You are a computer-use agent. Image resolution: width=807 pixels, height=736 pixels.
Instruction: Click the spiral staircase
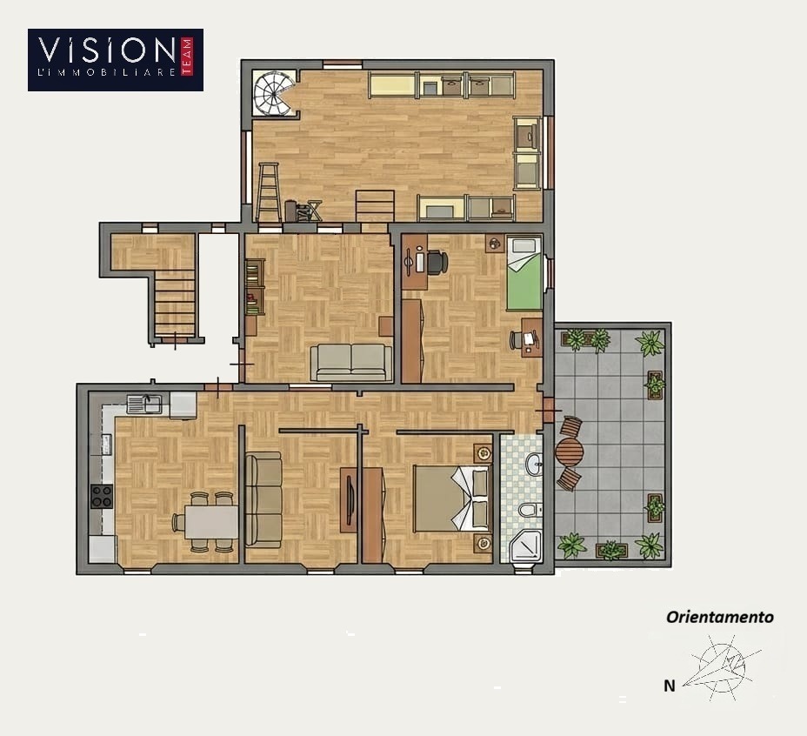pyautogui.click(x=274, y=94)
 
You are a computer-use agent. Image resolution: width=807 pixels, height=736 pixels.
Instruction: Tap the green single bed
pyautogui.click(x=524, y=272)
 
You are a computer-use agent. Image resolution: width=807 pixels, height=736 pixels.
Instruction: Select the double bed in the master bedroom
pyautogui.click(x=453, y=498)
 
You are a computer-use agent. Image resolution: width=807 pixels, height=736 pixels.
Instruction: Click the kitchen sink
pyautogui.click(x=144, y=404)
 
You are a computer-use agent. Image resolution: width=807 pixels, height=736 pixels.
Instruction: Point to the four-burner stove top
pyautogui.click(x=102, y=496)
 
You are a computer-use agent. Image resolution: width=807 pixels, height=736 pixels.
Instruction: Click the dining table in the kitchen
pyautogui.click(x=211, y=522)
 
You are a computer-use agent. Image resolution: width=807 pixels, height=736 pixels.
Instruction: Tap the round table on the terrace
pyautogui.click(x=570, y=452)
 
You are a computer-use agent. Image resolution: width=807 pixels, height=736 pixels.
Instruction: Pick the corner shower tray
pyautogui.click(x=526, y=546)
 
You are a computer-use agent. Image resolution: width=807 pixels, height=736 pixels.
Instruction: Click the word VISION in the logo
pyautogui.click(x=107, y=50)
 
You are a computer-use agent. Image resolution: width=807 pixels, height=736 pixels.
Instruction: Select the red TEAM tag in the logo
pyautogui.click(x=187, y=57)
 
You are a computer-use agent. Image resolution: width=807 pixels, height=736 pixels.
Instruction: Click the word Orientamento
pyautogui.click(x=719, y=617)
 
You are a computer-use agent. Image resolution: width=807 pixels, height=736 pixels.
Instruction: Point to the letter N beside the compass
pyautogui.click(x=669, y=686)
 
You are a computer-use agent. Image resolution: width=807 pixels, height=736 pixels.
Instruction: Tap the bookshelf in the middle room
pyautogui.click(x=255, y=287)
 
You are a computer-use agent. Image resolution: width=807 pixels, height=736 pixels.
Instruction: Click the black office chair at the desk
pyautogui.click(x=437, y=262)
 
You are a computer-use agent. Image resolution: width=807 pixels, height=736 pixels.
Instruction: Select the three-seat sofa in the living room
pyautogui.click(x=263, y=499)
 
